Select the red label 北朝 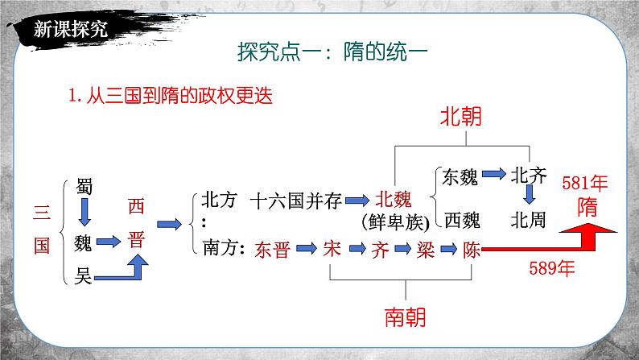pyautogui.click(x=460, y=118)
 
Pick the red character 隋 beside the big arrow pyautogui.click(x=587, y=206)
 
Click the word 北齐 pyautogui.click(x=530, y=175)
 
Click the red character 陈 pyautogui.click(x=472, y=249)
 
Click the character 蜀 pyautogui.click(x=85, y=186)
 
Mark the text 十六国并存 pyautogui.click(x=295, y=201)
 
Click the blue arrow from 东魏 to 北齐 pyautogui.click(x=494, y=174)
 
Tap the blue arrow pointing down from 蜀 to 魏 pyautogui.click(x=85, y=213)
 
